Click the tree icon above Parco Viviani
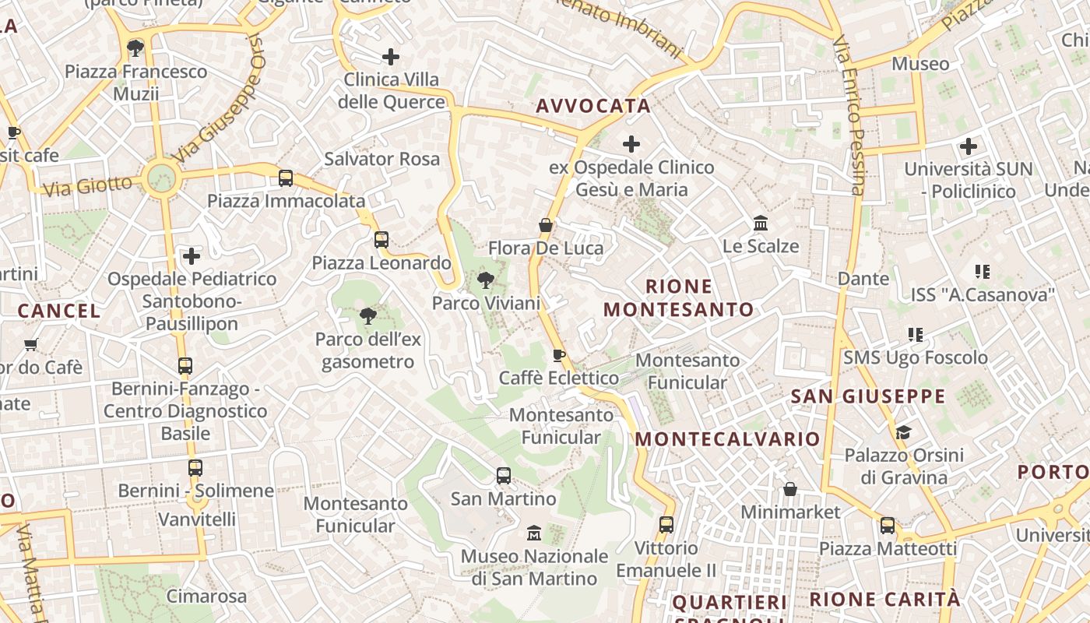[486, 280]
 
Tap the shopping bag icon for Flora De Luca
[546, 225]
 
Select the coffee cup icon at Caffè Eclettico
[558, 356]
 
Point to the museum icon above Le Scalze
[761, 224]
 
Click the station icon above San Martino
[504, 475]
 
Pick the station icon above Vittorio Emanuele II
[666, 525]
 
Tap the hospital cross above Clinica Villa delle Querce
[391, 57]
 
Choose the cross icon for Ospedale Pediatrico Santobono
[192, 255]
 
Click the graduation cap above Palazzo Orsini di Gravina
[903, 432]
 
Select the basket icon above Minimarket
[790, 489]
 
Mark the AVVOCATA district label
[593, 106]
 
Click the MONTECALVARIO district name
[727, 439]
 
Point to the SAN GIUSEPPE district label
[868, 396]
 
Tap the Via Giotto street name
[88, 186]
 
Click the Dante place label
[863, 279]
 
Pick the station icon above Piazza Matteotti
[888, 526]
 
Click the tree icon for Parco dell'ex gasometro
[367, 316]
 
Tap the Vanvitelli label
[197, 519]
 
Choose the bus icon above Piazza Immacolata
[286, 178]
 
